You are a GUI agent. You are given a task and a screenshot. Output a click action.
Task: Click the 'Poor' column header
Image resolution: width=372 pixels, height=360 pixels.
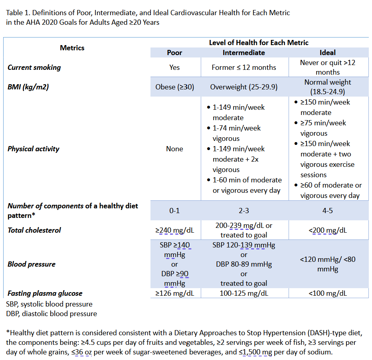[174, 53]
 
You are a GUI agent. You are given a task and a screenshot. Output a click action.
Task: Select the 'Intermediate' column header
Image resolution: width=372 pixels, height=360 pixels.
[243, 53]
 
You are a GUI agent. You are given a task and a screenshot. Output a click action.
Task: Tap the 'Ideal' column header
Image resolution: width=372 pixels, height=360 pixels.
[327, 53]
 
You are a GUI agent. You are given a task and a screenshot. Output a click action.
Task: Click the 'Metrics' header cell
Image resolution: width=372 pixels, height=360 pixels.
[72, 48]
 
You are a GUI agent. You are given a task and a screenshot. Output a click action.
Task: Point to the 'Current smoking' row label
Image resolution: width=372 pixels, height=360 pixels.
[34, 67]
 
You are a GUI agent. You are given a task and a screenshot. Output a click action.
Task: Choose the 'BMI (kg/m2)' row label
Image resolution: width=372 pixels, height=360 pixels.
[28, 87]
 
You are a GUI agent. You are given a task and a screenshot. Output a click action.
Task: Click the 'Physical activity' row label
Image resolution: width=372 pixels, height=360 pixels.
[34, 149]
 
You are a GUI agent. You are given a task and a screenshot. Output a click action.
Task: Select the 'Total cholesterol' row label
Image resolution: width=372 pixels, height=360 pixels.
[34, 230]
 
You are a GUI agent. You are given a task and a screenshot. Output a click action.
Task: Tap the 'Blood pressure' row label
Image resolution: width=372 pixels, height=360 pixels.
[32, 264]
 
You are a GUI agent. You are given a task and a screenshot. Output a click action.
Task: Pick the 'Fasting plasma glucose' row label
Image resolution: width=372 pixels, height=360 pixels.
[45, 294]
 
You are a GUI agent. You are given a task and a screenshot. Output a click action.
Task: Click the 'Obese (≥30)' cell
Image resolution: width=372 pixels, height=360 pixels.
[174, 87]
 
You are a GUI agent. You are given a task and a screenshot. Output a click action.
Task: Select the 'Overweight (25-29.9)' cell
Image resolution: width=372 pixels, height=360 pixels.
[243, 87]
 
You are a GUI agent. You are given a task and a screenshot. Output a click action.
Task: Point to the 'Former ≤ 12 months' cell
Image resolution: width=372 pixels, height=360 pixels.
[243, 67]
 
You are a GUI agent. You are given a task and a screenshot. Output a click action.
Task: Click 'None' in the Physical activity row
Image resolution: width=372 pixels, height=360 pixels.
[174, 149]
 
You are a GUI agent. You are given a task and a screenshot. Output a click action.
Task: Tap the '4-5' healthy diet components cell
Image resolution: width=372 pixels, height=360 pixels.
[327, 211]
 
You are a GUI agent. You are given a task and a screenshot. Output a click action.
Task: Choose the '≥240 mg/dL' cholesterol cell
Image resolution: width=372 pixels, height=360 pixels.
[174, 230]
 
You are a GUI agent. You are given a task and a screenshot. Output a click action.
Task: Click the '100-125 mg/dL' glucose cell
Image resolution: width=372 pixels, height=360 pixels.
[243, 294]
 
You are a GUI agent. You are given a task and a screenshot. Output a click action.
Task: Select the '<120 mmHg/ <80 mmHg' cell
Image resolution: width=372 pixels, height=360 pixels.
[327, 264]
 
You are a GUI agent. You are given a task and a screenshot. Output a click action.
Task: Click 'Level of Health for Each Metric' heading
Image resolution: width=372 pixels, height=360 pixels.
[259, 43]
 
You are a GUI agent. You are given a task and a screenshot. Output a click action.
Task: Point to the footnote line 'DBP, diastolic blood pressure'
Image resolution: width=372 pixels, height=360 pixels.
[51, 314]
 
